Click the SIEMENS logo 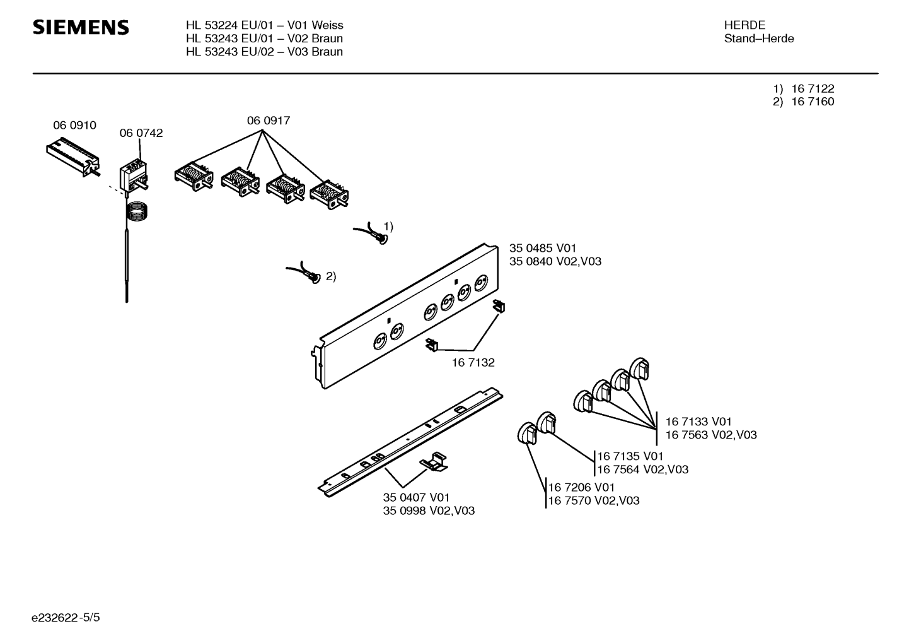tap(81, 28)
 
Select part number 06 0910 tap(74, 125)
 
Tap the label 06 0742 tap(141, 133)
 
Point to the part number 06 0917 tap(269, 121)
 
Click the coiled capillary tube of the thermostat tap(137, 211)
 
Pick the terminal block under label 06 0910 tap(74, 156)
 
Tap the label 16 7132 tap(473, 362)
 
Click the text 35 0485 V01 tap(543, 248)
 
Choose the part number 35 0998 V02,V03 tap(429, 510)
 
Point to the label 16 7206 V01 tap(581, 487)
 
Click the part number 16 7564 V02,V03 tap(643, 469)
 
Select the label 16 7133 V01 tap(698, 422)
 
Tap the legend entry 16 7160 tap(813, 102)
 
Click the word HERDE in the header tap(744, 25)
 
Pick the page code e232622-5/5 tap(66, 618)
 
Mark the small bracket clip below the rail tap(434, 462)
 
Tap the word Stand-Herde tap(759, 38)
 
